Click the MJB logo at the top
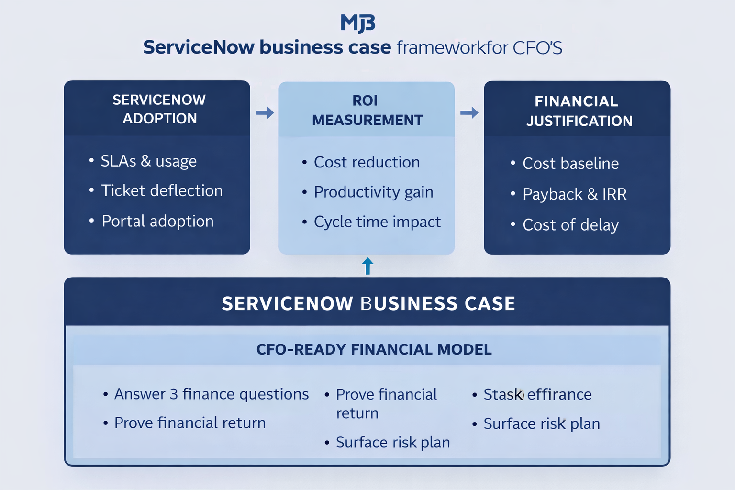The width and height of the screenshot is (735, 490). (357, 23)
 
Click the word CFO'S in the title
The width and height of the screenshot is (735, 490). (537, 48)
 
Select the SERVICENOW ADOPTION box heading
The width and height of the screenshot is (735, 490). (159, 109)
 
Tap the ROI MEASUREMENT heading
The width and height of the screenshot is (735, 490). (367, 111)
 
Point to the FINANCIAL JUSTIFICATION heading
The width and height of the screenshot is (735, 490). (579, 111)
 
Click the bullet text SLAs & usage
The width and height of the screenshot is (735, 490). (148, 161)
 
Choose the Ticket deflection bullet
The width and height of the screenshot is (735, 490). (162, 191)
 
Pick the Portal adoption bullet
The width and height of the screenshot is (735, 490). (157, 222)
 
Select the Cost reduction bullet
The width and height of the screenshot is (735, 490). (367, 163)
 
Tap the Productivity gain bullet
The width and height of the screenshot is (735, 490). (373, 192)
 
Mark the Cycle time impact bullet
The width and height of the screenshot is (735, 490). (377, 222)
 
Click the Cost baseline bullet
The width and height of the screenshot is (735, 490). (570, 164)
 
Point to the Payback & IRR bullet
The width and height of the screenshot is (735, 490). (574, 194)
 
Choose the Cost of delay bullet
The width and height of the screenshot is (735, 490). (570, 225)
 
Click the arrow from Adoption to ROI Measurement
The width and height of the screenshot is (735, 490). (265, 113)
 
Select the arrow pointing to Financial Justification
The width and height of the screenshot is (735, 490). (469, 113)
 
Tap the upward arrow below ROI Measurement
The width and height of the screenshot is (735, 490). (367, 266)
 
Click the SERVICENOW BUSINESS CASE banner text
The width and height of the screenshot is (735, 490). (368, 304)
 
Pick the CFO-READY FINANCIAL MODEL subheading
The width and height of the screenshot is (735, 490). (374, 350)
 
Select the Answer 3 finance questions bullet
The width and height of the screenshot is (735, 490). (211, 394)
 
